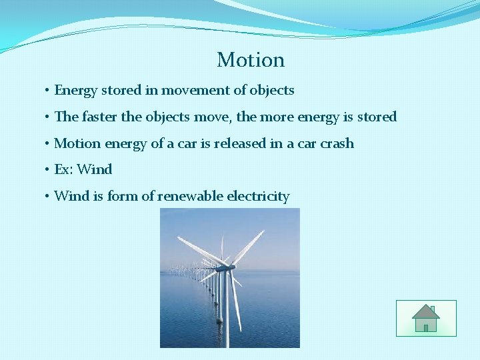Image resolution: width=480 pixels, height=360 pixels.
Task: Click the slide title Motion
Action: pos(251,60)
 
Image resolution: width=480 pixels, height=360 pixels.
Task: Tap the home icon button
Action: pos(426,318)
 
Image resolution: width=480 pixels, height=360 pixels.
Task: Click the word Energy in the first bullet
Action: pos(75,90)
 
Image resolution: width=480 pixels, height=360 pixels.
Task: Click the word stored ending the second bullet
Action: pos(377,117)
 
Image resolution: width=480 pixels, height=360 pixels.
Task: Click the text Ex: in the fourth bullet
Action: pos(63,169)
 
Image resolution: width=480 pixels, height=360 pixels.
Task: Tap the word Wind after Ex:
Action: pos(95,169)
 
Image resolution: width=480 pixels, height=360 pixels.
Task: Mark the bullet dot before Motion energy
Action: pos(47,144)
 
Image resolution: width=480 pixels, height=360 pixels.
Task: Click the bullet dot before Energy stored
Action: pos(47,91)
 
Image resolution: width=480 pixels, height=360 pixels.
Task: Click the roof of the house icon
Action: pos(425,311)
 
